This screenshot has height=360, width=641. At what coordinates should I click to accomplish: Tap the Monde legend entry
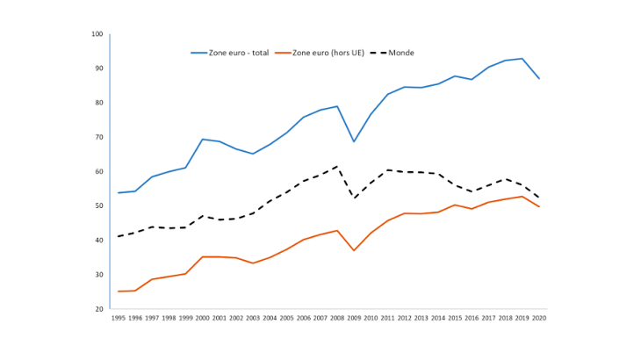(x=400, y=53)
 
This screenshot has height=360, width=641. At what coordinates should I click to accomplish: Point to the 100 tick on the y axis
(x=97, y=34)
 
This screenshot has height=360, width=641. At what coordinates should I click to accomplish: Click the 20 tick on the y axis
(x=99, y=309)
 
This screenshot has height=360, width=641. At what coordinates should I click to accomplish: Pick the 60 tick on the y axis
(x=99, y=172)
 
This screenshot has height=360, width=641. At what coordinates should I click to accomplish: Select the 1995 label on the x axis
(x=118, y=319)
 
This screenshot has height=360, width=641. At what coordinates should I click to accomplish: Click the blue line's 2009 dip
(x=354, y=141)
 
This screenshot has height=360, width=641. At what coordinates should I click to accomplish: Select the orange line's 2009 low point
(x=354, y=250)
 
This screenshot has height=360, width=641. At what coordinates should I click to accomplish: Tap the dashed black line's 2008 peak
(x=337, y=166)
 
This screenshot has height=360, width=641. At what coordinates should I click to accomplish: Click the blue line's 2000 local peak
(x=203, y=139)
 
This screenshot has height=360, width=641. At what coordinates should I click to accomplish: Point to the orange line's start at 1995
(x=118, y=291)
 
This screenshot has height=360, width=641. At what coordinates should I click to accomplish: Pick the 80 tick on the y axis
(x=99, y=103)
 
